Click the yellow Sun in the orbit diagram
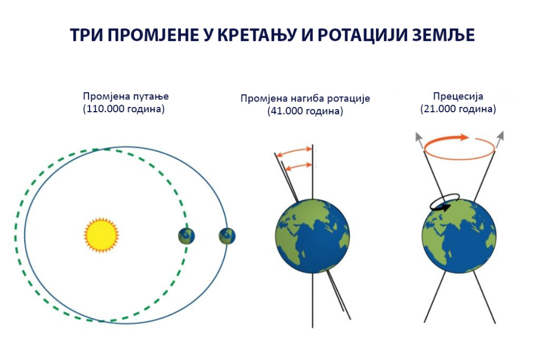coord(102,235)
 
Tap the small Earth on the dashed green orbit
coord(186,236)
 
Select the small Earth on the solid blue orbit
coord(227,236)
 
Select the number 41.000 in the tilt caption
coord(286,111)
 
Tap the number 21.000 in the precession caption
coord(439,109)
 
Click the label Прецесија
coord(458,97)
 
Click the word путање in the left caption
coord(151,97)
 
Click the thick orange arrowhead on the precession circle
coord(463,137)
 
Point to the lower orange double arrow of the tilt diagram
coord(299,166)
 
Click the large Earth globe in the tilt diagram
coord(312,236)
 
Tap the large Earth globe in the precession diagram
coord(459,235)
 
